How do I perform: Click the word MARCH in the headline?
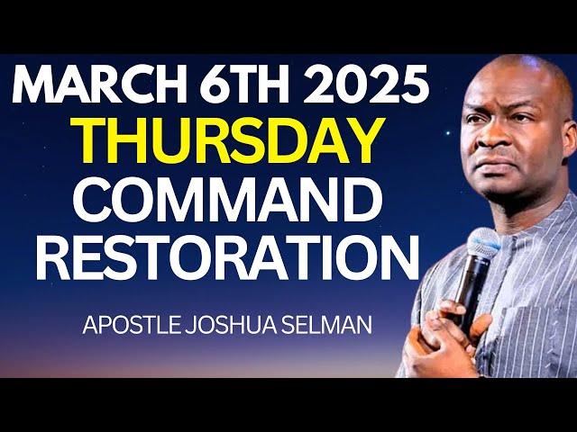point(98,85)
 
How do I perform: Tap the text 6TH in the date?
point(245,85)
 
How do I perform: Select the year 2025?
point(368,85)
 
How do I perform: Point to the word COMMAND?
point(226,200)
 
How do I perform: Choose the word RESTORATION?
point(227,257)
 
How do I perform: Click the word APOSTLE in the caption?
point(131,325)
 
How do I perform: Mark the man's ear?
point(570,136)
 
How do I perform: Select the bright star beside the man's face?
point(448,133)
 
